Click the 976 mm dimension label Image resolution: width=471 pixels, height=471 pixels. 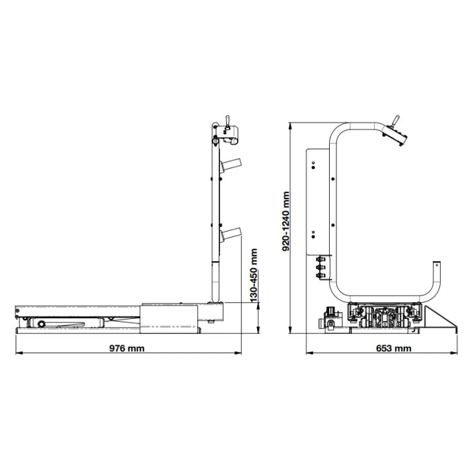point(126,348)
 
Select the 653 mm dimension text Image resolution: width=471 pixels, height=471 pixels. point(394,348)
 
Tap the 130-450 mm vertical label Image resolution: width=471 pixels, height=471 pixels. point(254,275)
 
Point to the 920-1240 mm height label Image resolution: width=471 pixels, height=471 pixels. point(286,221)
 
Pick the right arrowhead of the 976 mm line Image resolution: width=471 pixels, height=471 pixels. point(238,353)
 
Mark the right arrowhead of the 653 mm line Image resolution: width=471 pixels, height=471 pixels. point(454,353)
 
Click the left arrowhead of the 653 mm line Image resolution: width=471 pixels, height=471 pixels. point(310,353)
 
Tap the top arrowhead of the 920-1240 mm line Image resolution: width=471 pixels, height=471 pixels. point(290,126)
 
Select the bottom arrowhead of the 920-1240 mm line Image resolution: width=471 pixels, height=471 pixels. point(290,330)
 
